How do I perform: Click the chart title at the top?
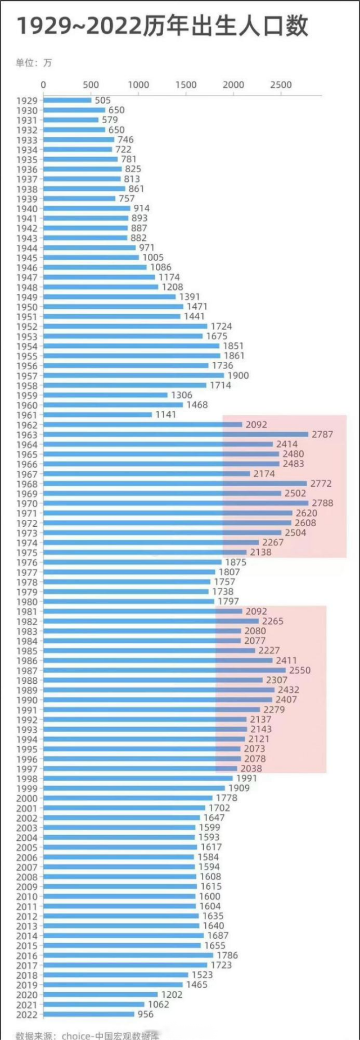point(163,26)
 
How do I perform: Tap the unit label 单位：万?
point(34,62)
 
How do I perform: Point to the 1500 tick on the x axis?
point(186,85)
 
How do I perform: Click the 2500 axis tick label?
point(281,85)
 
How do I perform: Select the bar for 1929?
point(67,101)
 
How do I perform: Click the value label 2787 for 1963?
point(322,434)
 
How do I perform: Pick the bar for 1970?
point(175,503)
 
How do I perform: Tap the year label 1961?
point(26,415)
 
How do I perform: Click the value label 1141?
point(165,415)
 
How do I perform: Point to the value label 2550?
point(300,670)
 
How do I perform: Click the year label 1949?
point(26,297)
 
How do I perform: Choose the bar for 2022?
point(89,1014)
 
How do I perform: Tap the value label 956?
point(145,1014)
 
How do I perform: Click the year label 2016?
point(26,956)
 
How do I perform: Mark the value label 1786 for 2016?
point(227,955)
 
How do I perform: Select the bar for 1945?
point(91,258)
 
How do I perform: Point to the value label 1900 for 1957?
point(238,375)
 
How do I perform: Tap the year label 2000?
point(26,798)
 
